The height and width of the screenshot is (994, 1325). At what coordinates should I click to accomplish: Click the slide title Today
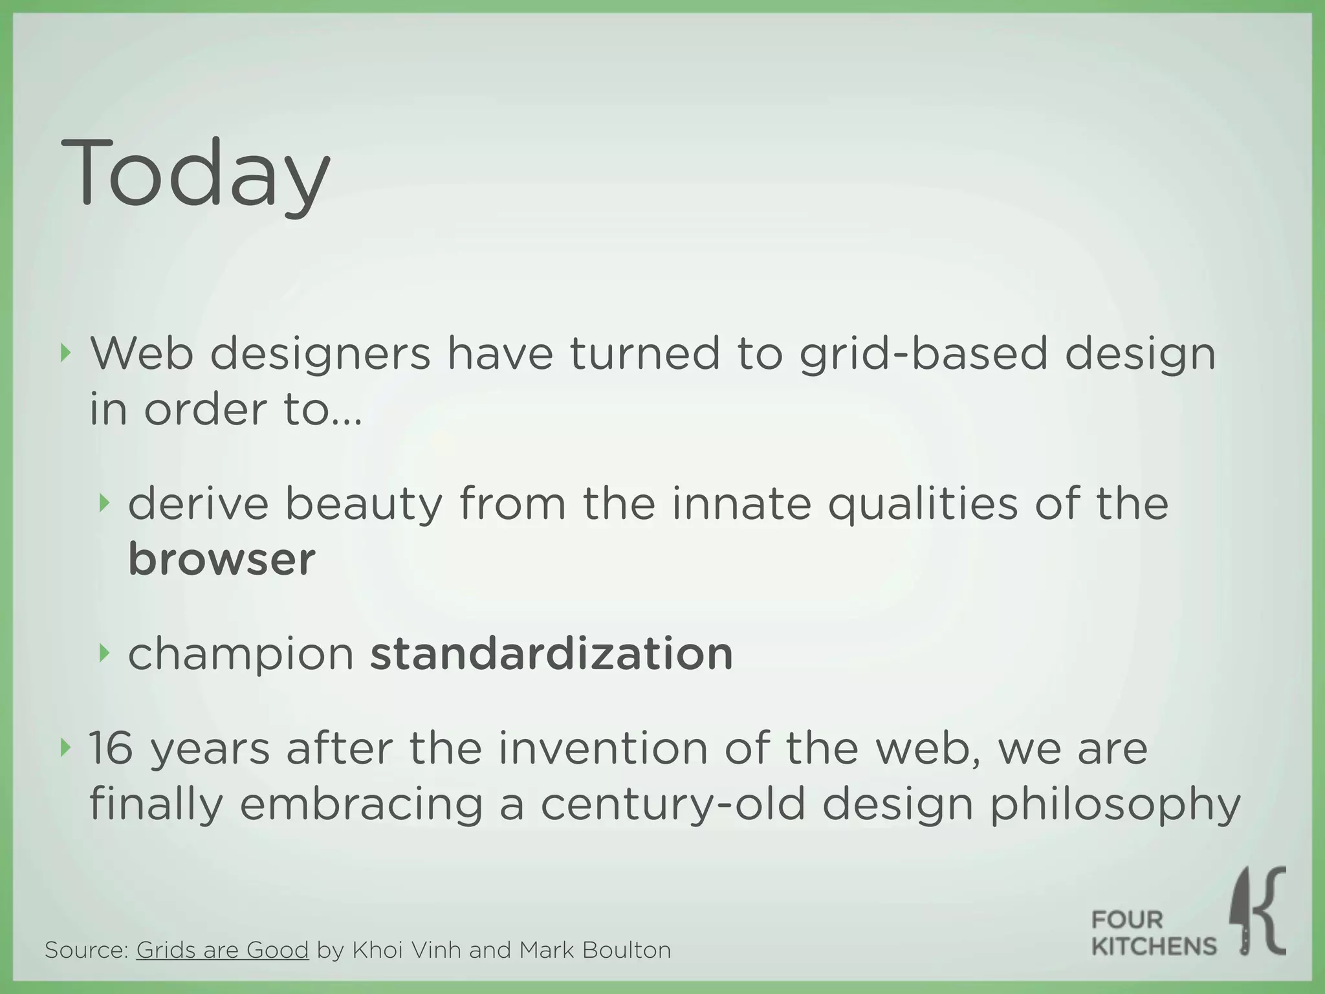[195, 173]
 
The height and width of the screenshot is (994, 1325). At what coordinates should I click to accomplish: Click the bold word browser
[221, 559]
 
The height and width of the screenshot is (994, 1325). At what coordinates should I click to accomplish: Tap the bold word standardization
[551, 654]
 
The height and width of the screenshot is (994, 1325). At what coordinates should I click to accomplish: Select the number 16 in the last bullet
[111, 748]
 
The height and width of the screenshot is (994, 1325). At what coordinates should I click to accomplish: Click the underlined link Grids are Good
[222, 950]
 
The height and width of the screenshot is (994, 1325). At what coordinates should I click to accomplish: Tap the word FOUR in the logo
[1127, 919]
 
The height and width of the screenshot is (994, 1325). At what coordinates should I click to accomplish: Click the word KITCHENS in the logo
[1154, 947]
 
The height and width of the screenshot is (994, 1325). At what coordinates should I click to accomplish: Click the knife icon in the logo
[1243, 912]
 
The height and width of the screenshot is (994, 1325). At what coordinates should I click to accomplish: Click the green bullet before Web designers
[65, 353]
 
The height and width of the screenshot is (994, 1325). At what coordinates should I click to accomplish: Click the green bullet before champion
[104, 653]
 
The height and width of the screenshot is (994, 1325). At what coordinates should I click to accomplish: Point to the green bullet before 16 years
[65, 748]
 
